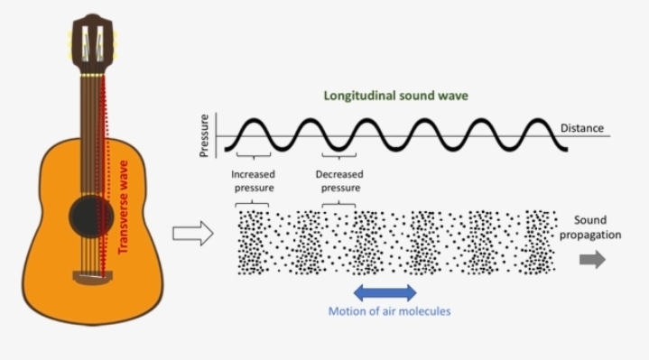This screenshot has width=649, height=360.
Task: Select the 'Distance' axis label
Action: tap(582, 128)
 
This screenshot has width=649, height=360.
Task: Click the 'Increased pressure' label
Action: tap(253, 180)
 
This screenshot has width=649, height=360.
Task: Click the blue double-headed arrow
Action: tap(385, 291)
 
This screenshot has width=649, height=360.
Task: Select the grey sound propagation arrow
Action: tap(592, 259)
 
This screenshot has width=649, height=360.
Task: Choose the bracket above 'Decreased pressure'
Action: tap(338, 156)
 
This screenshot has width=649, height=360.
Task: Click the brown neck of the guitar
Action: tap(90, 135)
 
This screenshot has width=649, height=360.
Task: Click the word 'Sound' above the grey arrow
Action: tap(592, 220)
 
